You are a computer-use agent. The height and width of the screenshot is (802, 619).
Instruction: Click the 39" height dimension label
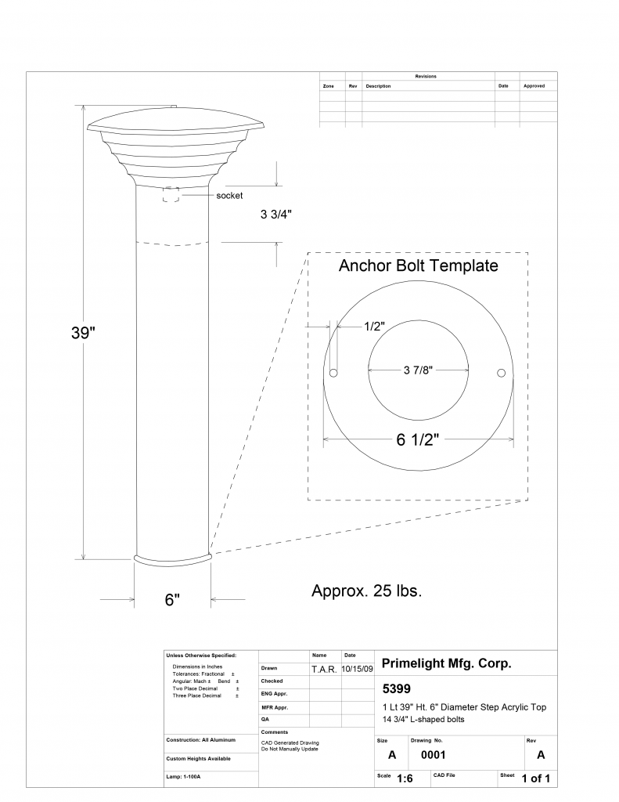tap(83, 332)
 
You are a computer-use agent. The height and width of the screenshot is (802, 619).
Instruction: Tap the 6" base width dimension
tap(172, 600)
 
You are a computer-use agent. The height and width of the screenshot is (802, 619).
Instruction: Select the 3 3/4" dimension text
tap(280, 214)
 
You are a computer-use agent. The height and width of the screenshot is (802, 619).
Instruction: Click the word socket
tap(229, 196)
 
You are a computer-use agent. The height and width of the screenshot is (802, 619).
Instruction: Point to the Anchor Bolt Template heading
tap(418, 266)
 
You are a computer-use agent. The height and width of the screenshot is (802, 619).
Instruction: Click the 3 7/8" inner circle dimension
tap(419, 370)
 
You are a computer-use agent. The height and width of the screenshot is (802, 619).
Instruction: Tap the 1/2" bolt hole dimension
tap(374, 326)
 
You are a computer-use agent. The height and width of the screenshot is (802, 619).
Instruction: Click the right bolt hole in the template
tap(502, 371)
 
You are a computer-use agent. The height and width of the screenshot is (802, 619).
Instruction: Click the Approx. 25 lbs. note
tap(367, 591)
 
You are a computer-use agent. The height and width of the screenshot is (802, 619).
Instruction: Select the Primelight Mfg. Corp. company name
tap(446, 663)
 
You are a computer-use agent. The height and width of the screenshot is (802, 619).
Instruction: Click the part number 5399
tap(395, 690)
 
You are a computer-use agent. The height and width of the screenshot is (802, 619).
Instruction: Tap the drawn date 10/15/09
tap(357, 669)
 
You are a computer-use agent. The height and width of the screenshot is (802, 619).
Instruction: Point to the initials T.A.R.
tap(324, 669)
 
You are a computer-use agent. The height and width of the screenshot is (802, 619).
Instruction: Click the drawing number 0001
tap(433, 756)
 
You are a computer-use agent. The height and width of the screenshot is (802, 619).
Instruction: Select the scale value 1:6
tap(405, 779)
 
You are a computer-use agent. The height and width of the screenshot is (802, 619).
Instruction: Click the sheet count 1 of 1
tap(536, 779)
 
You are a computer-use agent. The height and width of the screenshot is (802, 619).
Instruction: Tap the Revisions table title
tap(426, 76)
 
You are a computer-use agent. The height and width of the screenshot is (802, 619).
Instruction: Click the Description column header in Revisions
tap(378, 86)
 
